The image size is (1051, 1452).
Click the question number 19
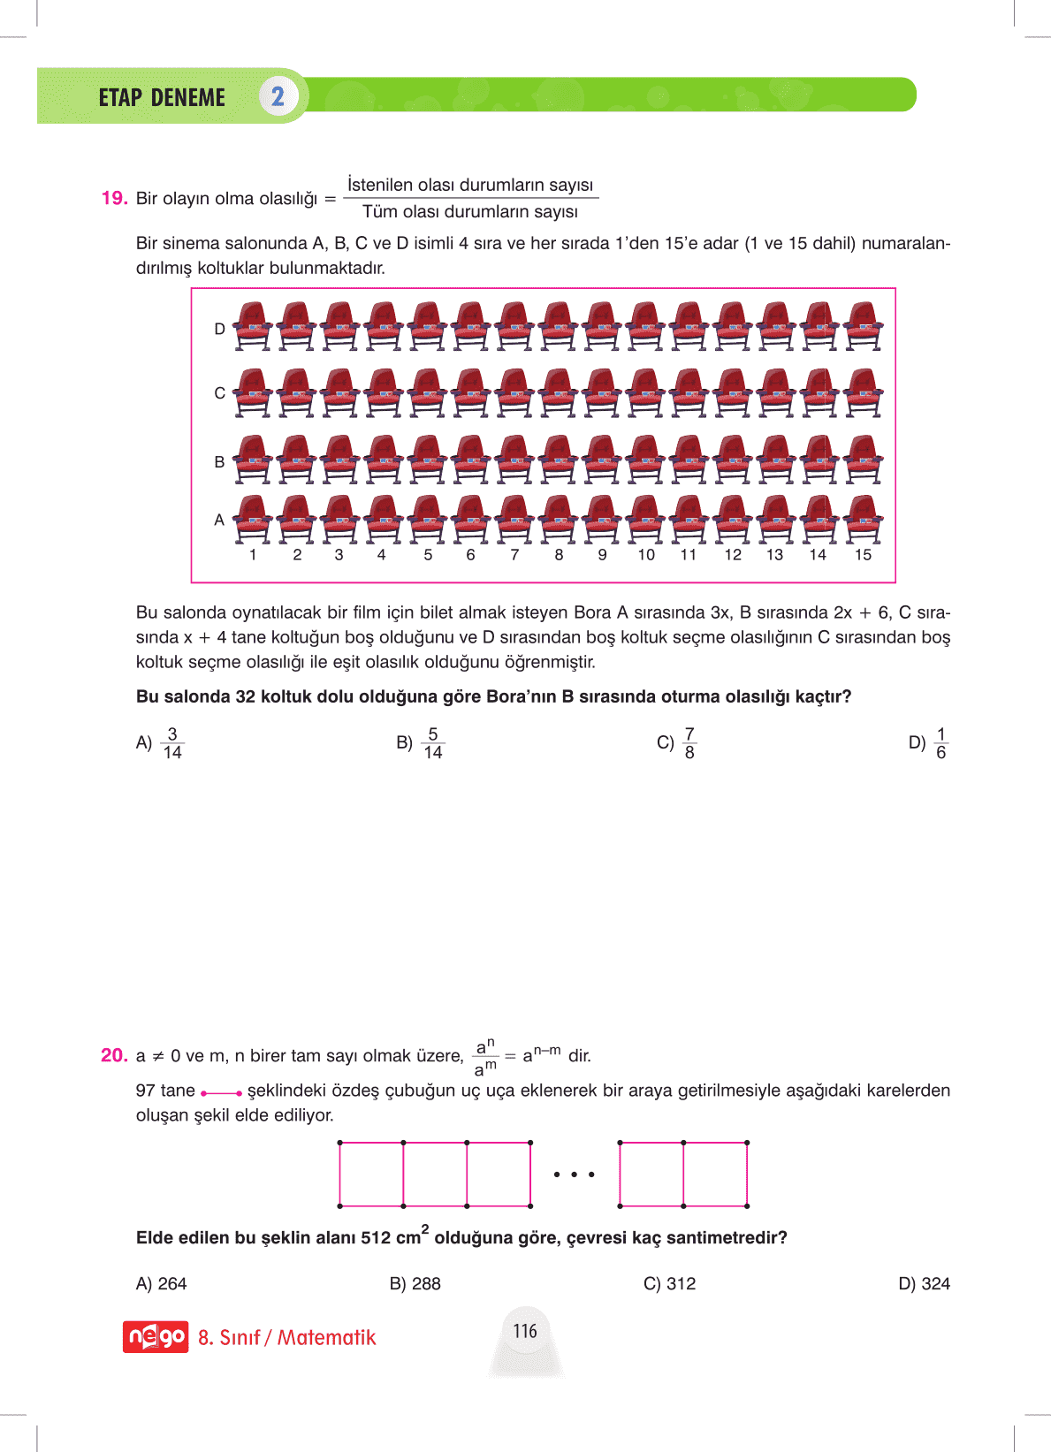115,198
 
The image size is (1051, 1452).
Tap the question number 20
114,1055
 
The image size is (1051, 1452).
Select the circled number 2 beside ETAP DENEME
278,96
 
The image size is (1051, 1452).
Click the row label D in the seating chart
219,329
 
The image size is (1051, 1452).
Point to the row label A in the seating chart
219,520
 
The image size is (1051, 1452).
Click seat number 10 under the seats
646,555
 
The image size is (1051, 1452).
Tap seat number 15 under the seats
863,555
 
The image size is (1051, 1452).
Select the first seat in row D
253,325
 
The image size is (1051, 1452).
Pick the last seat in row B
863,459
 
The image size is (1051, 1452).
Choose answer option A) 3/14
161,743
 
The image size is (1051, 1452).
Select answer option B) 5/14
421,743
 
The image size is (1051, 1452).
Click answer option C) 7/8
678,743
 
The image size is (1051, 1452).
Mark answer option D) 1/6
929,743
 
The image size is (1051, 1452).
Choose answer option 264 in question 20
162,1283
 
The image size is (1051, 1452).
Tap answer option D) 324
924,1283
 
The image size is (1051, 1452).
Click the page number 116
525,1331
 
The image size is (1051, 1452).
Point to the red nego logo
156,1336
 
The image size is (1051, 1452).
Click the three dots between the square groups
575,1175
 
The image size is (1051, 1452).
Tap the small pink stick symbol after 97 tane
221,1093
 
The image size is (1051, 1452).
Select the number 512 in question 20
376,1237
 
